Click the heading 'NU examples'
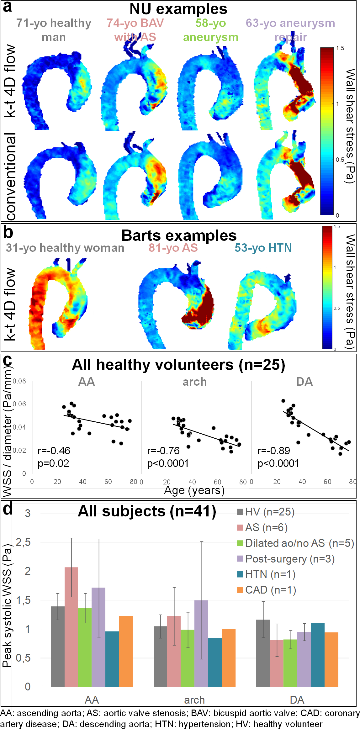tap(178, 9)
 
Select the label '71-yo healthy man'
tap(54, 30)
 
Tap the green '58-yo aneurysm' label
tap(211, 30)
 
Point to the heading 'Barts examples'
tap(179, 235)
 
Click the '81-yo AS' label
tap(173, 248)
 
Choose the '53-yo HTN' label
tap(263, 248)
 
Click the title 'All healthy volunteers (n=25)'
tap(178, 365)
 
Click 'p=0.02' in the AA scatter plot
tap(53, 463)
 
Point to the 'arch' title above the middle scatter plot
tap(194, 382)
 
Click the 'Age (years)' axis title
tap(194, 490)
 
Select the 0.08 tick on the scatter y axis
tap(19, 381)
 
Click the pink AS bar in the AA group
tap(71, 627)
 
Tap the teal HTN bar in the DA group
tap(317, 655)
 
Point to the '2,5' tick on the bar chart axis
tap(23, 542)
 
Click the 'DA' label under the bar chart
tap(297, 700)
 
